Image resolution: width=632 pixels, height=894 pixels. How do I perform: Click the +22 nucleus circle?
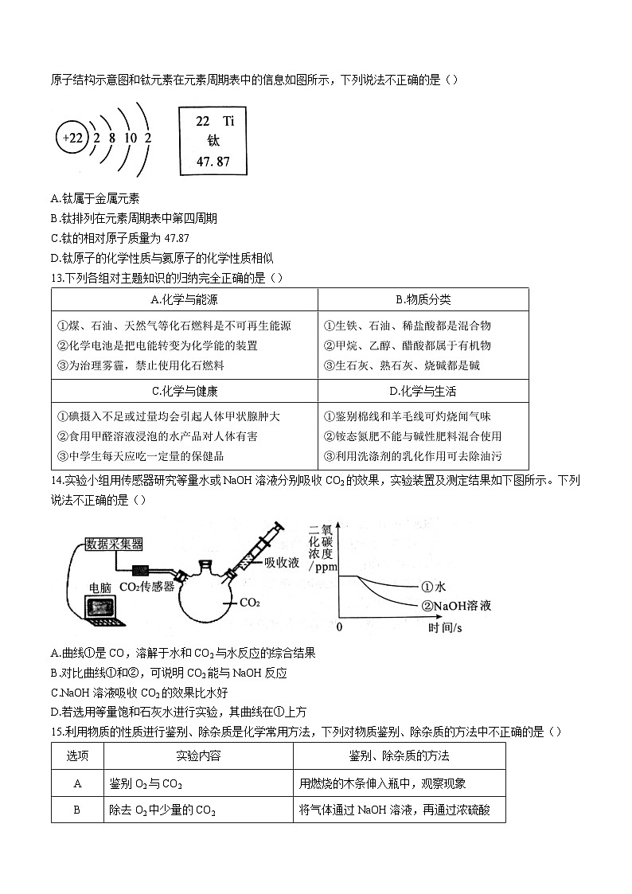pyautogui.click(x=72, y=138)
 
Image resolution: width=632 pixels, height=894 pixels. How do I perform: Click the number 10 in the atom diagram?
pyautogui.click(x=130, y=138)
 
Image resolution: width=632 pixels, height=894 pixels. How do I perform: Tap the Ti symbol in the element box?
pyautogui.click(x=229, y=121)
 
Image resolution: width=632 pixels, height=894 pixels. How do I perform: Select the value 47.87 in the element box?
pyautogui.click(x=213, y=162)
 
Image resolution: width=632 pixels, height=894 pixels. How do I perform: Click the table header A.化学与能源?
pyautogui.click(x=184, y=299)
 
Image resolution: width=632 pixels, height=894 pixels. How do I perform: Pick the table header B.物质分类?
pyautogui.click(x=423, y=299)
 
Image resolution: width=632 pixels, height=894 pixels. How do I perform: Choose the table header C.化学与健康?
pyautogui.click(x=184, y=391)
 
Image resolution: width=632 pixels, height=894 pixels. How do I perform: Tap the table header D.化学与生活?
pyautogui.click(x=423, y=391)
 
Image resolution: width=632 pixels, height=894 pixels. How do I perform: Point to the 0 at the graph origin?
pyautogui.click(x=339, y=627)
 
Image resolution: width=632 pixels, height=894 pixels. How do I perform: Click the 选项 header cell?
pyautogui.click(x=77, y=755)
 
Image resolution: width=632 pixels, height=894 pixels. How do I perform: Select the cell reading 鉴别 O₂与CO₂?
pyautogui.click(x=146, y=783)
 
